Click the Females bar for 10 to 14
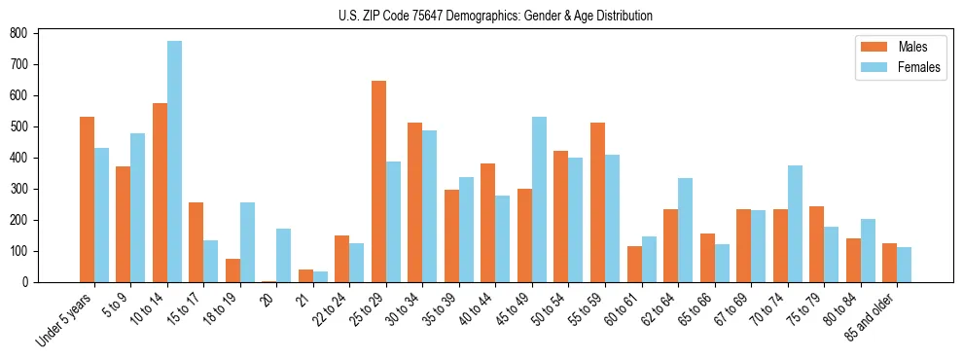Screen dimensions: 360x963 pyautogui.click(x=174, y=162)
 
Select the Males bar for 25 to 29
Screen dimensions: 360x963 pyautogui.click(x=378, y=181)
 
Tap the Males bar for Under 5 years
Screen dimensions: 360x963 pyautogui.click(x=87, y=199)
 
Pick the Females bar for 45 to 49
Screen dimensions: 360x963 pyautogui.click(x=539, y=199)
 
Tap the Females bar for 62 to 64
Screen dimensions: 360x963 pyautogui.click(x=685, y=230)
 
